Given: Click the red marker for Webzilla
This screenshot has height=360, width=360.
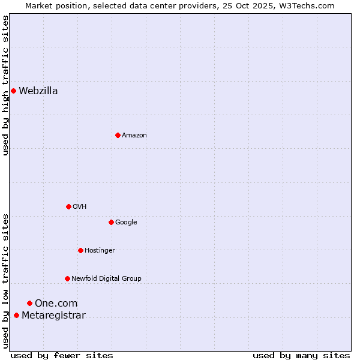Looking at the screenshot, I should coord(13,91).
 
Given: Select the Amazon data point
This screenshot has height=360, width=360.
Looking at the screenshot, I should coord(118,135).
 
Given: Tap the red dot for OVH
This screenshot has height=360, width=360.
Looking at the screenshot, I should coord(68,206).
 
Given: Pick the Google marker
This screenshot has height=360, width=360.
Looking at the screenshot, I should coord(111,222).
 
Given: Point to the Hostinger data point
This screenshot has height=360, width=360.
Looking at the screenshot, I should coord(80,250).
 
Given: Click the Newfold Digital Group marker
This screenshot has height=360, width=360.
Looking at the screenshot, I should coord(67,278).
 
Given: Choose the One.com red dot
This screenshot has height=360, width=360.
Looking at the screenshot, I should coord(29,304).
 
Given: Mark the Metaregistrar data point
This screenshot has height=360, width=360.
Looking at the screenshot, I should coord(16,316).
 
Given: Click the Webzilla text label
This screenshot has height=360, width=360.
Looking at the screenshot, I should coord(38,91).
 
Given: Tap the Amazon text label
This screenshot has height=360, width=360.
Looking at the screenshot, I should coord(134,136).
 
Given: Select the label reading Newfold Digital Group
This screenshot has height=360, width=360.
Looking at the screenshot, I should coord(106,278).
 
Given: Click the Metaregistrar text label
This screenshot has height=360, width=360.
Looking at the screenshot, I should coord(53,316).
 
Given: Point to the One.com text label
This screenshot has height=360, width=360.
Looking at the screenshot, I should coord(56,304).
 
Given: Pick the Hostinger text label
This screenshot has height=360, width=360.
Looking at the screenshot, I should coord(100,250).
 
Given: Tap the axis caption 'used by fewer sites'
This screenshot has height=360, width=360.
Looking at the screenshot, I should coord(62,356).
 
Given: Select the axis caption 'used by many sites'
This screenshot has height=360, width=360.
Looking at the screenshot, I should coord(301,356).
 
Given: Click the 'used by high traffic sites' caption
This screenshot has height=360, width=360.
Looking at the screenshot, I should coord(5,86).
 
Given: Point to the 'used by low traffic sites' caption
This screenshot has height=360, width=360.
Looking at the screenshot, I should coord(5,281).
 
